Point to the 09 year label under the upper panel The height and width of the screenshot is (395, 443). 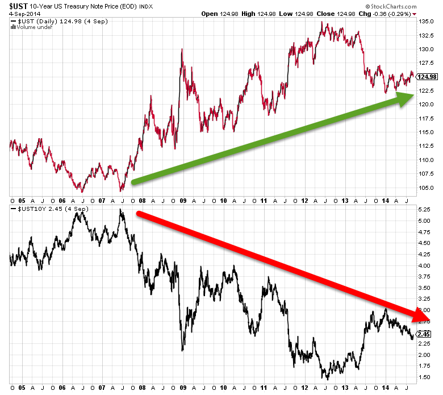[182, 200]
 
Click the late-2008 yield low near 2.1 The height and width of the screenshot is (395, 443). [182, 350]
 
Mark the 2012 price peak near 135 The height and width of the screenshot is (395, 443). [321, 22]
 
